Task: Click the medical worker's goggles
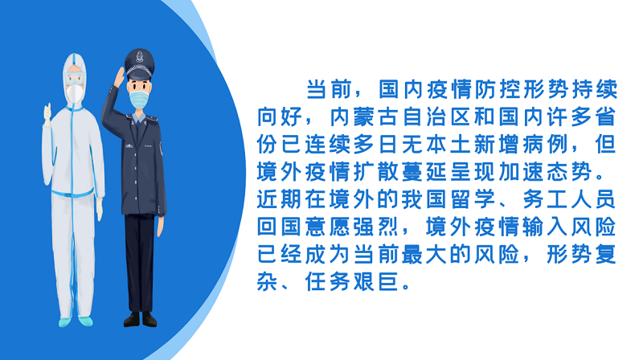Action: [x=75, y=77]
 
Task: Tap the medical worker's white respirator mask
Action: [x=75, y=93]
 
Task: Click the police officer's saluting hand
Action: [x=119, y=77]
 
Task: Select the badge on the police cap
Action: [x=139, y=56]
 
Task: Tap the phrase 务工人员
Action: [x=570, y=198]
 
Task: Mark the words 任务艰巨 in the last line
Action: [x=351, y=282]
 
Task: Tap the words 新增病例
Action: [x=521, y=145]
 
